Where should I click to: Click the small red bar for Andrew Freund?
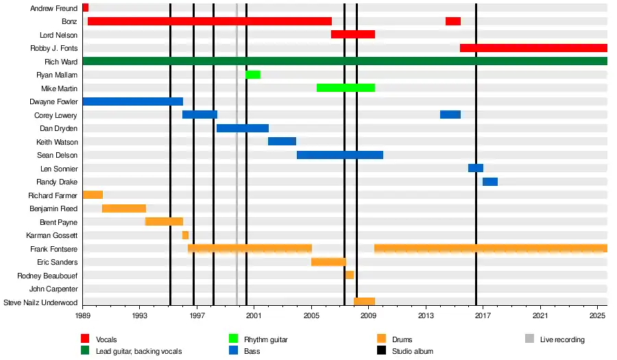(85, 8)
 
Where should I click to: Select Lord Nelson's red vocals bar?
(353, 34)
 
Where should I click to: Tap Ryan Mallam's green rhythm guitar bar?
(253, 75)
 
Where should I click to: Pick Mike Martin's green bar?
(346, 88)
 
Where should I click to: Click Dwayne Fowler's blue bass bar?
(132, 101)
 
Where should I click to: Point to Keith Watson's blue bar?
(282, 141)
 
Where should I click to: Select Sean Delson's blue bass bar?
(339, 155)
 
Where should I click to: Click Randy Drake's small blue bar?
(490, 182)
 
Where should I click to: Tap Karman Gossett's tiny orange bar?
(185, 235)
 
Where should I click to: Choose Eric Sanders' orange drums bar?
(328, 262)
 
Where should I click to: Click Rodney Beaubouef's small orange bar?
(350, 275)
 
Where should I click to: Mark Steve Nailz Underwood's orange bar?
(364, 302)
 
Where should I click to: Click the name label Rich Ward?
(61, 62)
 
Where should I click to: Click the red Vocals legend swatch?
(86, 339)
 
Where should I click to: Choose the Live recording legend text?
(562, 339)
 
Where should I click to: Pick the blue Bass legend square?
(233, 351)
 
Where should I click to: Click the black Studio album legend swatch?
(382, 351)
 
